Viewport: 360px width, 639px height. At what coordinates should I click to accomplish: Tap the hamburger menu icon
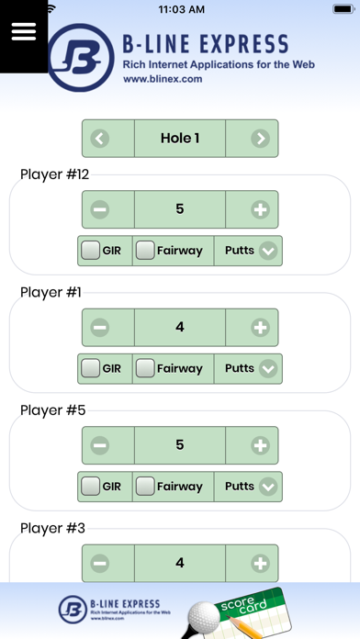24,31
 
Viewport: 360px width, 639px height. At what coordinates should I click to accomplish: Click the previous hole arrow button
100,139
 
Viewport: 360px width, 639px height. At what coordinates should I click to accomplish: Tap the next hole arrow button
261,139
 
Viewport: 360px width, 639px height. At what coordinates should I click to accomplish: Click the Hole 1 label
180,139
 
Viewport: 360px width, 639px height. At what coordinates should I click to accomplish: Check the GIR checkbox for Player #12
91,250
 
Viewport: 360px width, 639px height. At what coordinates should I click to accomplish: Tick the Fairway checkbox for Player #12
145,250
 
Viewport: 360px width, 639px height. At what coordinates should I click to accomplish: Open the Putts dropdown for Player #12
268,251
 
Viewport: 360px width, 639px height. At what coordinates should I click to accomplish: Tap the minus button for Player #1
100,327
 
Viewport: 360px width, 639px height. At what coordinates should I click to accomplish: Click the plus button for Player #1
261,327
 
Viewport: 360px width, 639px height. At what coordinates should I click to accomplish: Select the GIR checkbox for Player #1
91,368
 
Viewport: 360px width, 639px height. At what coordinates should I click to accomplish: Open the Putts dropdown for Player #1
268,369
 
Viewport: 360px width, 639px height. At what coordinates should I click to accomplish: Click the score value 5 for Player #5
180,445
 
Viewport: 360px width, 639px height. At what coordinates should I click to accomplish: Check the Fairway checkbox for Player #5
145,487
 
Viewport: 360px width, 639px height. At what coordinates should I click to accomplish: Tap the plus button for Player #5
261,445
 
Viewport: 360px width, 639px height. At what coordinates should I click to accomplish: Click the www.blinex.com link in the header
162,79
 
